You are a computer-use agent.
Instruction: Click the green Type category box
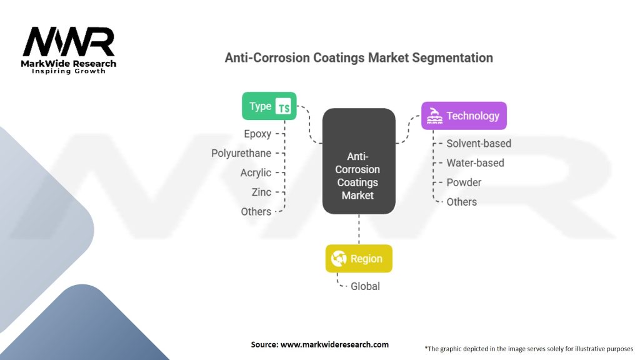pos(269,106)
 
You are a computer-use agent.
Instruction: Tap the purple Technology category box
pos(464,116)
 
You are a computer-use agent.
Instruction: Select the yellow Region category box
pos(359,259)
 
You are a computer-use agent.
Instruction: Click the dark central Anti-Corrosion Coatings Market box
pos(359,161)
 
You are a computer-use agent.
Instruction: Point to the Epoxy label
pos(257,134)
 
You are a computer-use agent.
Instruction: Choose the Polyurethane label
pos(241,153)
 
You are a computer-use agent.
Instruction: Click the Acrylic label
pos(256,172)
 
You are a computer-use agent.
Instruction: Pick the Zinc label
pos(261,192)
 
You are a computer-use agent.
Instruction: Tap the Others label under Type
pos(256,211)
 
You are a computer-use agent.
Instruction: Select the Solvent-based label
pos(479,143)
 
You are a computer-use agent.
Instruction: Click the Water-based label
pos(475,163)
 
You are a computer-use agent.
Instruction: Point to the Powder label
pos(464,182)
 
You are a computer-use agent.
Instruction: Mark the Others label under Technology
pos(462,202)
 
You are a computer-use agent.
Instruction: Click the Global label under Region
pos(365,286)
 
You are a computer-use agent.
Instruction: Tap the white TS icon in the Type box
pos(283,106)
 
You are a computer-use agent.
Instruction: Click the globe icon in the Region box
pos(339,259)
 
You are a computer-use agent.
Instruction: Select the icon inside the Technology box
pos(434,116)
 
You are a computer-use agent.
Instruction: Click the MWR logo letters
pos(69,42)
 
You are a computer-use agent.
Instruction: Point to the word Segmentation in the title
pos(452,58)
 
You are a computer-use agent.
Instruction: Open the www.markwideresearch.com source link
pos(335,344)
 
